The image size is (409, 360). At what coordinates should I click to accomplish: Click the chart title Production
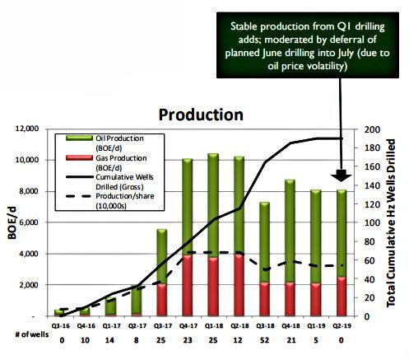201,115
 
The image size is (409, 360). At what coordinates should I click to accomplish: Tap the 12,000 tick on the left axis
26,129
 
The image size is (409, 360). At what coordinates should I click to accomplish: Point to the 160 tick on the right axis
372,166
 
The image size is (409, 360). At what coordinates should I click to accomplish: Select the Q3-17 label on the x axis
162,326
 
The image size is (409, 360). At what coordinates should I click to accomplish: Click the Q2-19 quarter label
342,326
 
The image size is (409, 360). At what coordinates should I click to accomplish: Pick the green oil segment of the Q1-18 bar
213,205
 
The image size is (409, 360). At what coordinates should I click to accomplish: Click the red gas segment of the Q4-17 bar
188,286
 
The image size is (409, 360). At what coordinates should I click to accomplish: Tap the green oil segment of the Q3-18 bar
264,242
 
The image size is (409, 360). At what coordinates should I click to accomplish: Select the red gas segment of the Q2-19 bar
342,297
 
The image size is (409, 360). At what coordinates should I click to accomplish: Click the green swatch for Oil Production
79,138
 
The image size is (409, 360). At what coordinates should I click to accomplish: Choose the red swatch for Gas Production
79,158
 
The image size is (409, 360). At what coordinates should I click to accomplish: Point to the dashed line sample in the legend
79,196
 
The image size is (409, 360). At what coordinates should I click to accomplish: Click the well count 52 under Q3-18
264,340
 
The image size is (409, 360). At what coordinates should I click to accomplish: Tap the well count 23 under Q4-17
188,340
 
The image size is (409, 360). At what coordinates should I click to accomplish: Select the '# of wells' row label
31,334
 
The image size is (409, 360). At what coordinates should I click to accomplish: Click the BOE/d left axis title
12,223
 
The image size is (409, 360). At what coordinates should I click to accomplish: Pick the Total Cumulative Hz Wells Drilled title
391,223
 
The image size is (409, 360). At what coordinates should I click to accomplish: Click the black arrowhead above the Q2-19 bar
341,176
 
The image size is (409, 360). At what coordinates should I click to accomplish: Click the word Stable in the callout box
244,26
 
